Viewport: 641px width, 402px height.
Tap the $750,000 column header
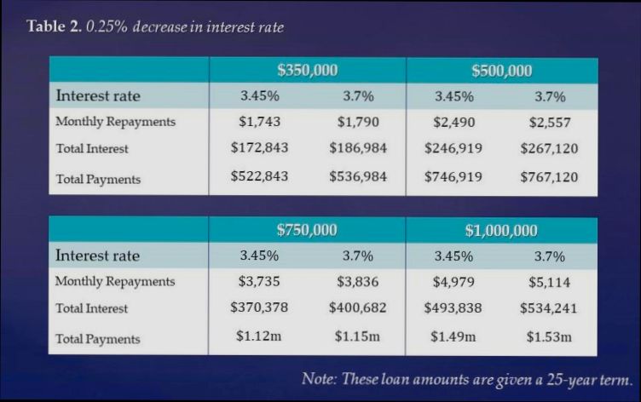click(x=308, y=230)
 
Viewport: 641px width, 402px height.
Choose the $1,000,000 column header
click(x=501, y=230)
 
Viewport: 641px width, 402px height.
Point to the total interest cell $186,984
click(x=358, y=148)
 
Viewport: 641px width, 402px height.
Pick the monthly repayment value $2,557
click(x=549, y=122)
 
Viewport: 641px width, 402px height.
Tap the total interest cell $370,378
click(x=259, y=307)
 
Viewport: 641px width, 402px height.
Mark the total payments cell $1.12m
click(x=259, y=336)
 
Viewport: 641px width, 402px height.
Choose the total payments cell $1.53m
click(x=549, y=336)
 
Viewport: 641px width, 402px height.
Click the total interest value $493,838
click(x=453, y=307)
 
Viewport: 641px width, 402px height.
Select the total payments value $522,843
click(x=259, y=177)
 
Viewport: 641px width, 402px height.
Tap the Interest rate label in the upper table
click(x=97, y=95)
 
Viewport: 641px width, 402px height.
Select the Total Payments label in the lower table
click(x=98, y=339)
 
